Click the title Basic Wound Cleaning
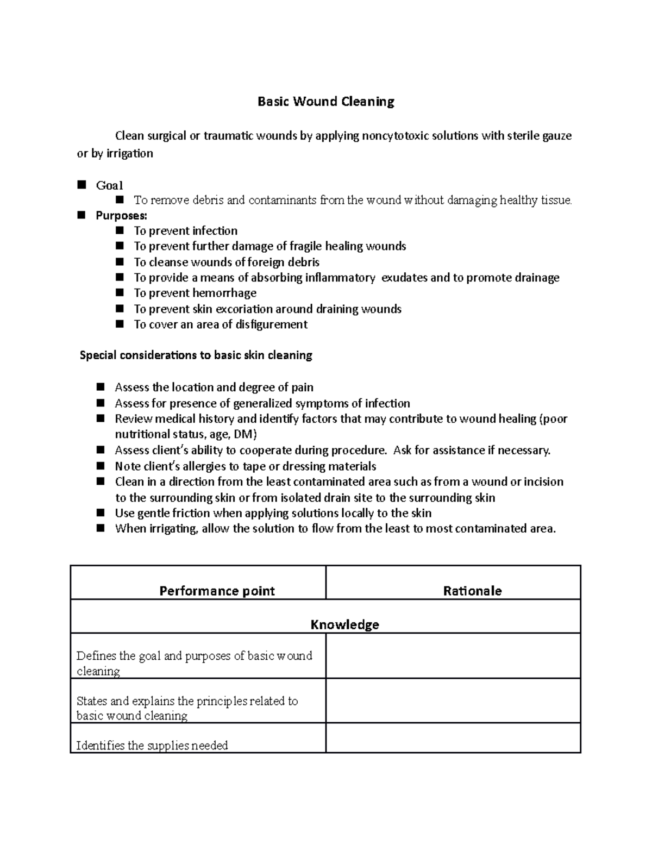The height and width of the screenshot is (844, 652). (x=325, y=102)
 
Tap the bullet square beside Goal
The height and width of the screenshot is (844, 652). (x=82, y=185)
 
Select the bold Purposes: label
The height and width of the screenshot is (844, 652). (x=121, y=216)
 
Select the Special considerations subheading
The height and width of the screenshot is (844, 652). (x=196, y=355)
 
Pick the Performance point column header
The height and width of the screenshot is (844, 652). (x=217, y=591)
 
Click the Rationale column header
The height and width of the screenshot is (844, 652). (x=472, y=591)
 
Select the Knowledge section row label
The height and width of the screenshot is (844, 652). (x=344, y=624)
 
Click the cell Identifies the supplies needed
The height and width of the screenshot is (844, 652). (x=152, y=745)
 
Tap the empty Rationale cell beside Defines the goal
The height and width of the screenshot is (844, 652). (x=453, y=656)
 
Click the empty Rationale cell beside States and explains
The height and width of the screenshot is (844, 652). (x=453, y=701)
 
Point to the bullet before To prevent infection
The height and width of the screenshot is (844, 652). (x=120, y=231)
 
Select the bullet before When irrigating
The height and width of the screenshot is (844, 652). (x=101, y=528)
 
